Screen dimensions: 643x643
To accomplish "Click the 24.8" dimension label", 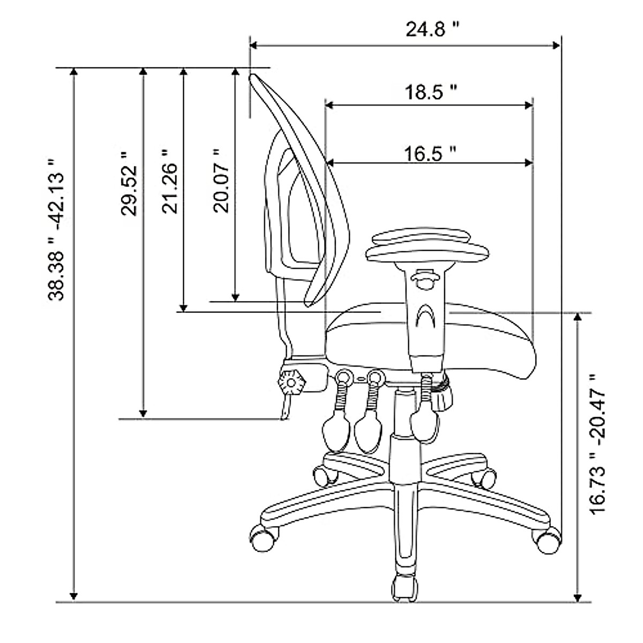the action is (432, 29).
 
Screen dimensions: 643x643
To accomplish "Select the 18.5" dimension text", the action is (430, 92).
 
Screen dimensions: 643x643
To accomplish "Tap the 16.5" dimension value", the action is (430, 154).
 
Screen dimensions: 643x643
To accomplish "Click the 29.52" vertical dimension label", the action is (129, 185).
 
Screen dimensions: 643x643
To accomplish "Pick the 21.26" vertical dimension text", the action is (169, 182).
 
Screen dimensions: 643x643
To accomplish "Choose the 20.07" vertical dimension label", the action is (221, 181).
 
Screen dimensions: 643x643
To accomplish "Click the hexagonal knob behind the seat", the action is (291, 383).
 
